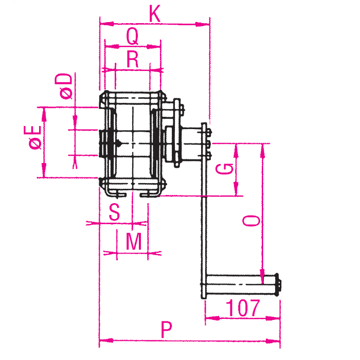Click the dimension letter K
155,14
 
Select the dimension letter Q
133,37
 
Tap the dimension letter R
133,59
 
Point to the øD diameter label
64,86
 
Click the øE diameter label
32,137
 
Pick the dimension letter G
225,169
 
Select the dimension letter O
251,221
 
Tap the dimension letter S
114,212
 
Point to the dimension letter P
166,330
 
